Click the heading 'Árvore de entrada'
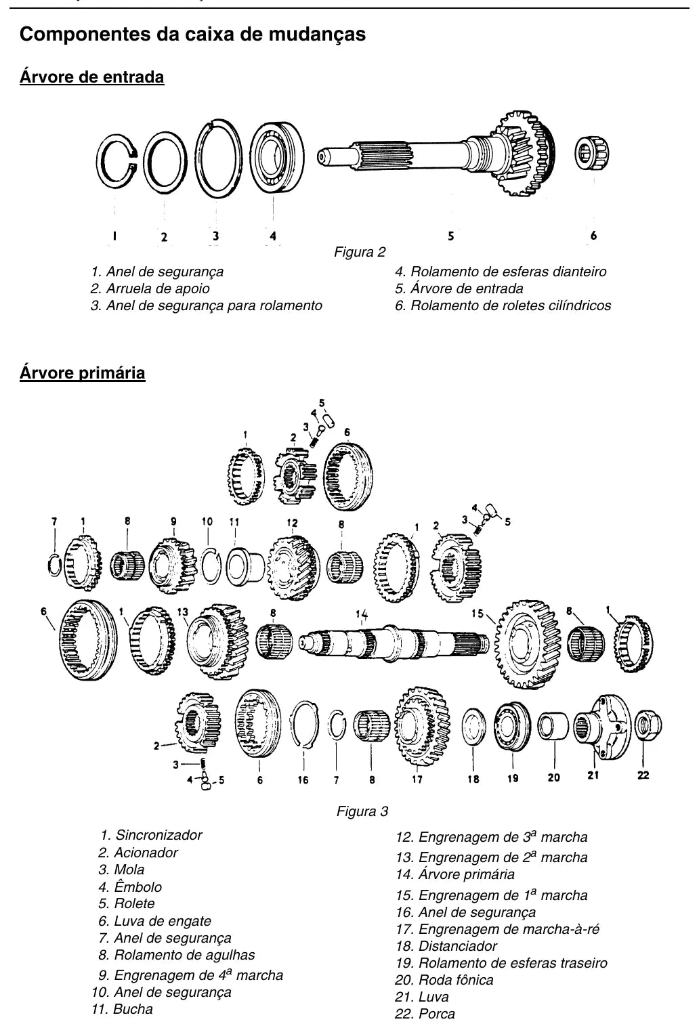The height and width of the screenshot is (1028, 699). pyautogui.click(x=92, y=77)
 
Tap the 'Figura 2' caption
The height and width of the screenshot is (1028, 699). pyautogui.click(x=360, y=252)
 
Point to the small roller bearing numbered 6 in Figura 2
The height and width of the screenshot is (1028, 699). pyautogui.click(x=592, y=153)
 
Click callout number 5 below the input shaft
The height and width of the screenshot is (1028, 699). pyautogui.click(x=450, y=236)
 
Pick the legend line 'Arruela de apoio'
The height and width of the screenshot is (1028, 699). pyautogui.click(x=150, y=288)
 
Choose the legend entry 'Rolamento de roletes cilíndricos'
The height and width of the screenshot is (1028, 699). pyautogui.click(x=503, y=305)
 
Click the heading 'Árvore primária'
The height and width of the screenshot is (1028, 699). pyautogui.click(x=82, y=372)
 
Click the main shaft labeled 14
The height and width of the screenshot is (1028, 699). pyautogui.click(x=394, y=643)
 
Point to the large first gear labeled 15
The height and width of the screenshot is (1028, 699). pyautogui.click(x=528, y=644)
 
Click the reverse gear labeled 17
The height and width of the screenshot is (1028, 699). pyautogui.click(x=422, y=727)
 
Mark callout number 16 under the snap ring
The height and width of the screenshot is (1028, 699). pyautogui.click(x=303, y=780)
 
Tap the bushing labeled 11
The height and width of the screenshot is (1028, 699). pyautogui.click(x=245, y=566)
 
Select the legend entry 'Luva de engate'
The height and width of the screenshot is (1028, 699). pyautogui.click(x=154, y=921)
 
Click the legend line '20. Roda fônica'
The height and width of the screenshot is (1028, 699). pyautogui.click(x=444, y=980)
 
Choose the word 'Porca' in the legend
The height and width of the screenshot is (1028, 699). pyautogui.click(x=437, y=1014)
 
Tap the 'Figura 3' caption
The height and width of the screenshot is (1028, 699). pyautogui.click(x=362, y=811)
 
